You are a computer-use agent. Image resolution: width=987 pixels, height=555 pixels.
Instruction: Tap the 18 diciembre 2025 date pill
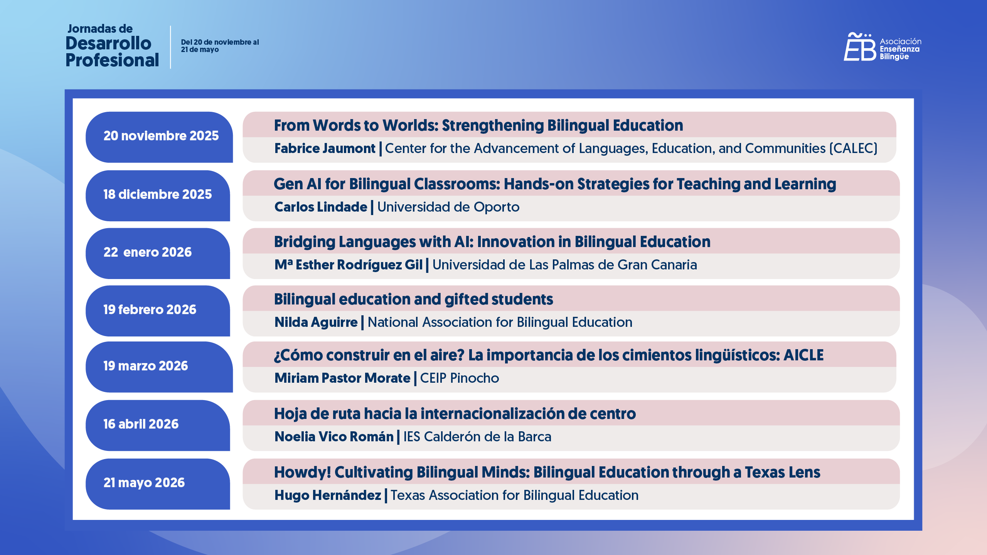click(157, 195)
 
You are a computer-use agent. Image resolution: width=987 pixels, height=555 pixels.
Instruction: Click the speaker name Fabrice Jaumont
click(325, 149)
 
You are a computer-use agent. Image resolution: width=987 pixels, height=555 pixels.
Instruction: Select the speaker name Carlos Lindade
click(321, 207)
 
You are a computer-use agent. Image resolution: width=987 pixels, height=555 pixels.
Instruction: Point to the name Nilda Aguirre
click(316, 323)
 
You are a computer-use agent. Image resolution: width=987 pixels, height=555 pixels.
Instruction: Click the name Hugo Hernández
click(327, 496)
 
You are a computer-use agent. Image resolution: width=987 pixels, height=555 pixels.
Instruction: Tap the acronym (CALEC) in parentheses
click(853, 149)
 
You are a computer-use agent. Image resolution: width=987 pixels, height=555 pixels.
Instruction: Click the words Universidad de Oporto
click(448, 207)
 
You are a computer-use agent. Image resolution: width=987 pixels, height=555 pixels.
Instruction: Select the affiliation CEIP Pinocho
click(459, 378)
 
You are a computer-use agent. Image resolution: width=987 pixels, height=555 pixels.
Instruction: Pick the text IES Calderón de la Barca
click(477, 437)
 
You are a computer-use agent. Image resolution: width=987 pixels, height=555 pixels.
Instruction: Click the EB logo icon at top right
click(859, 47)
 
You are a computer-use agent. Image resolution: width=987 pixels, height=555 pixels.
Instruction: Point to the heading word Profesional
click(112, 61)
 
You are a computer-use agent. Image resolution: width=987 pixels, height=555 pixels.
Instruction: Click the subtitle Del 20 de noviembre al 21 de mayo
click(220, 46)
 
